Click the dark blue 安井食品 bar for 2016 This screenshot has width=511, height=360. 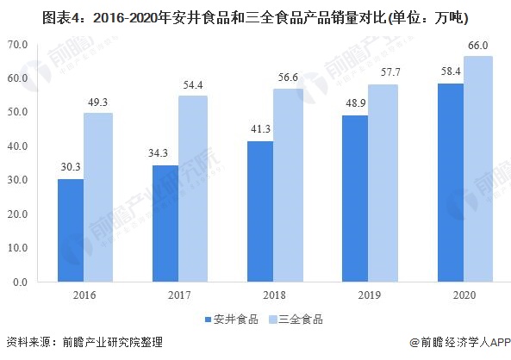(x=71, y=230)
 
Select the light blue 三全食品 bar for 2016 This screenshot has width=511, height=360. (x=98, y=197)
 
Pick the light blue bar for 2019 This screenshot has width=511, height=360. (x=383, y=183)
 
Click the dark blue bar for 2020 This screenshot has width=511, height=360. (x=451, y=183)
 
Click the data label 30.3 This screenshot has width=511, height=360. (x=71, y=169)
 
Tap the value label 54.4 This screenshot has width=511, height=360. (x=193, y=85)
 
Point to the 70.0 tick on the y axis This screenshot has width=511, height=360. (x=18, y=44)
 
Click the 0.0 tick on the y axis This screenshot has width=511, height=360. (x=21, y=282)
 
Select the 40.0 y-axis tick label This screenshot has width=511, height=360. (x=18, y=146)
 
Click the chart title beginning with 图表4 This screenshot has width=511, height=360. (x=255, y=15)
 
